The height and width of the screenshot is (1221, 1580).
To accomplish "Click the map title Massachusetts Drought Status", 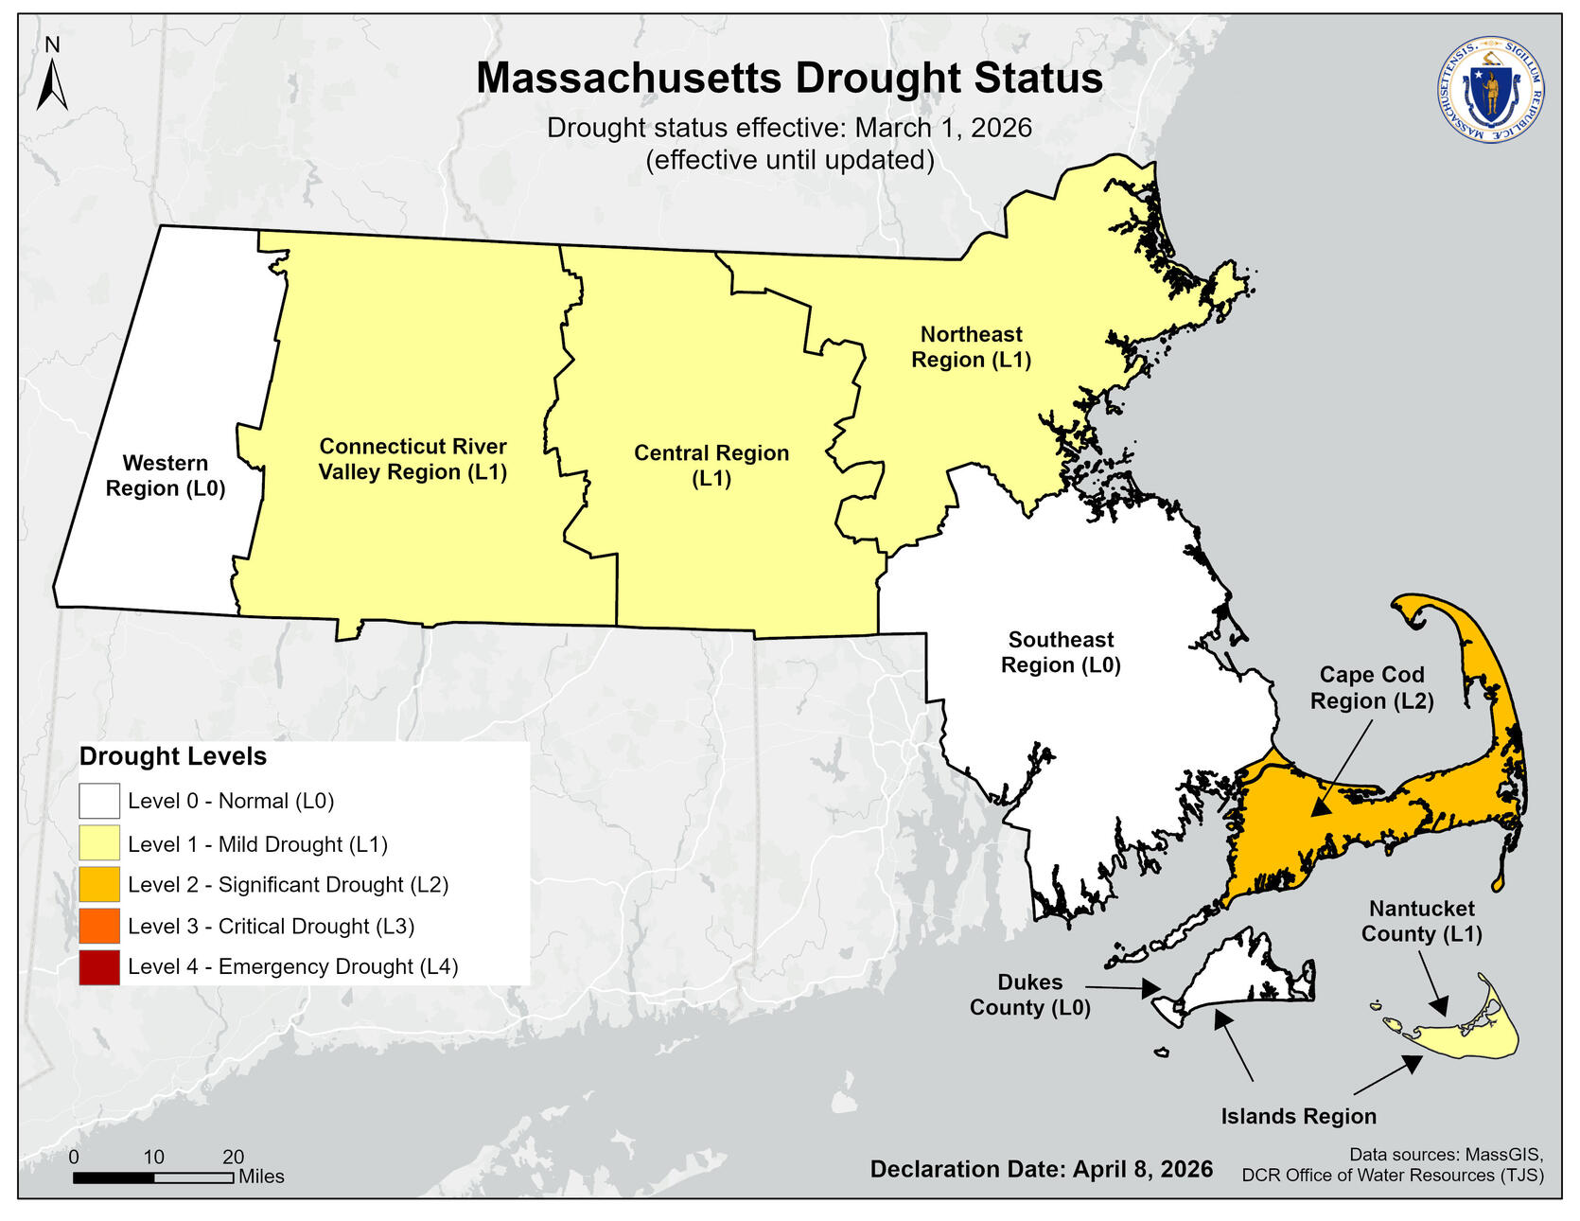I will coord(789,78).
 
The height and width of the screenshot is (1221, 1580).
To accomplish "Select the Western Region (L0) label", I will coord(166,476).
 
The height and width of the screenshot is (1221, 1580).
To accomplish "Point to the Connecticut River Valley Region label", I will coord(413,459).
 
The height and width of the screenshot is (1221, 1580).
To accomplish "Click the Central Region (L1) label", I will coord(711,466).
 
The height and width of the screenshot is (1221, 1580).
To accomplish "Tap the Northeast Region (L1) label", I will coord(971,347).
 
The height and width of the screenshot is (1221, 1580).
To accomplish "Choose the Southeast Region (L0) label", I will coord(1061,653).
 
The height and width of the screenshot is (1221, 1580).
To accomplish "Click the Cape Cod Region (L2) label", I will coord(1372,688).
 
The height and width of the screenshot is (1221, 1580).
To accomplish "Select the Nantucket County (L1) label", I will coord(1421,921).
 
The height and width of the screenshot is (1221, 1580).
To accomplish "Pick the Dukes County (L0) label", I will coord(1029,995).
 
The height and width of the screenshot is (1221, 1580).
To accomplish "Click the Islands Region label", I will coord(1298,1117).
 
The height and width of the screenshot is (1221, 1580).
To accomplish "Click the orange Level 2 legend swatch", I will coord(99,884).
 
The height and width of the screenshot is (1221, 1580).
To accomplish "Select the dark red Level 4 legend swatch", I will coord(99,966).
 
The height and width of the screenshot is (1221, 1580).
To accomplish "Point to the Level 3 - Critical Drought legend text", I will coord(271,927).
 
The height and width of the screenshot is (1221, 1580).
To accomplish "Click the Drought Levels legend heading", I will coord(173,756).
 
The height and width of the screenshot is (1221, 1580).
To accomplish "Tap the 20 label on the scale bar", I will coord(233,1157).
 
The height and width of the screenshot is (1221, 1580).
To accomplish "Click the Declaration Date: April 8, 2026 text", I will coord(1041,1169).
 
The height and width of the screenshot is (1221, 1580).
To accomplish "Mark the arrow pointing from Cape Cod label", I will coord(1342,768).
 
